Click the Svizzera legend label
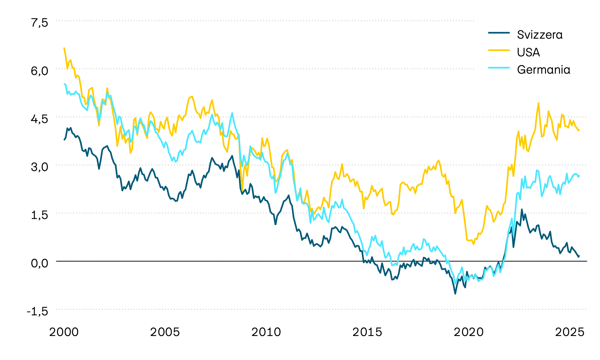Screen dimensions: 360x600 540,35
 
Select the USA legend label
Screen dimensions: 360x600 528,52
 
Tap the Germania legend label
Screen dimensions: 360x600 543,70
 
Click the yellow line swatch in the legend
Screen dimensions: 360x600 499,50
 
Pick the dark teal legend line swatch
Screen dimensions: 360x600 499,33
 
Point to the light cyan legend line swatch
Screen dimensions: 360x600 499,67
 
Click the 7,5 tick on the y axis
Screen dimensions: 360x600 39,23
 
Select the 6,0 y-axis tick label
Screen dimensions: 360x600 39,71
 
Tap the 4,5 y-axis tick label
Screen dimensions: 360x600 39,119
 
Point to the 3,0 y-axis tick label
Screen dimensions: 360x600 39,167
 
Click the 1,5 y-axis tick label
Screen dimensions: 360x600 39,215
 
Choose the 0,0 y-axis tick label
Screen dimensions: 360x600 39,263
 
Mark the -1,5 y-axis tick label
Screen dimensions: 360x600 37,311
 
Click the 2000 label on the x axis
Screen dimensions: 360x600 64,332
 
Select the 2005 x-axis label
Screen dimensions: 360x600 165,332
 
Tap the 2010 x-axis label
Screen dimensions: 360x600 266,332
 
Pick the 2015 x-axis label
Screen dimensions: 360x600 367,332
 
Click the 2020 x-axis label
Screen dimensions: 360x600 468,332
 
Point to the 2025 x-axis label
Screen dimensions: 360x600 569,332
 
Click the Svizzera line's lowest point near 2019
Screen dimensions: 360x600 455,293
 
